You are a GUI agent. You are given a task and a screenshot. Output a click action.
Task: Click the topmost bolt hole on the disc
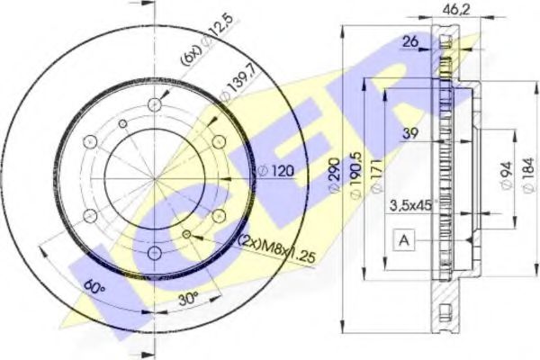[x=154, y=101]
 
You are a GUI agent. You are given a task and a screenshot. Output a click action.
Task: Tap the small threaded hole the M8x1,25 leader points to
[x=186, y=234]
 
